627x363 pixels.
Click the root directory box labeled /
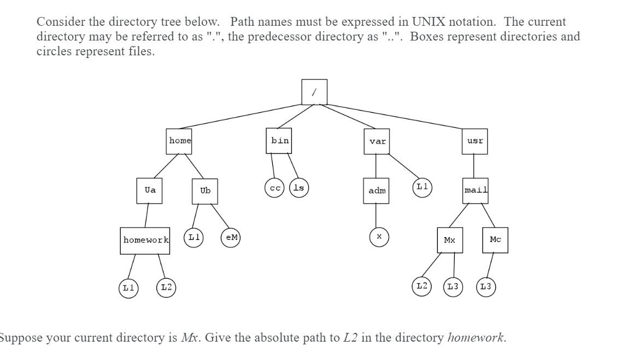pyautogui.click(x=314, y=92)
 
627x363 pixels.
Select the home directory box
pyautogui.click(x=180, y=141)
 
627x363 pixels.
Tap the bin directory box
pyautogui.click(x=280, y=141)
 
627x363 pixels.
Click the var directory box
pyautogui.click(x=377, y=141)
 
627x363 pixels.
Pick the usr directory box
pyautogui.click(x=474, y=141)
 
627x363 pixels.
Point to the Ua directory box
pyautogui.click(x=149, y=191)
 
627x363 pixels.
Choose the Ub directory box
pyautogui.click(x=205, y=191)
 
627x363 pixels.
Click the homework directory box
pyautogui.click(x=145, y=240)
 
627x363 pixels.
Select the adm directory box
pyautogui.click(x=377, y=191)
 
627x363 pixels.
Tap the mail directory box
pyautogui.click(x=475, y=191)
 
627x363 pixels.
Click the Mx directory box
pyautogui.click(x=449, y=240)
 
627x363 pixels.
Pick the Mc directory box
pyautogui.click(x=495, y=240)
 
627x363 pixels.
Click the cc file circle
pyautogui.click(x=274, y=187)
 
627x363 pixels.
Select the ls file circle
pyautogui.click(x=299, y=187)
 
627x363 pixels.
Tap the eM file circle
pyautogui.click(x=232, y=237)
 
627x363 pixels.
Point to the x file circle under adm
pyautogui.click(x=378, y=237)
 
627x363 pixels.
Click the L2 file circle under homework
pyautogui.click(x=166, y=287)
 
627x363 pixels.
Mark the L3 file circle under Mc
pyautogui.click(x=486, y=287)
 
